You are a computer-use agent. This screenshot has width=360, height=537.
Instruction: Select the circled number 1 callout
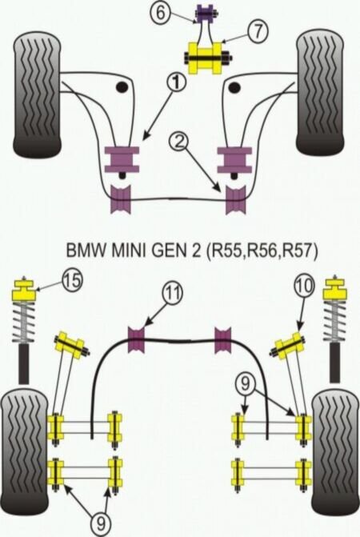point(176,82)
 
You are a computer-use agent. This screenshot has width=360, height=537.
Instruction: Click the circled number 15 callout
point(72,280)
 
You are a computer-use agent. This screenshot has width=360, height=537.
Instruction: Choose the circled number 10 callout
point(304,285)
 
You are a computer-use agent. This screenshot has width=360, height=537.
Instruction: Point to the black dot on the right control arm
point(234,87)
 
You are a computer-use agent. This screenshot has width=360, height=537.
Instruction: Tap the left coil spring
point(24,323)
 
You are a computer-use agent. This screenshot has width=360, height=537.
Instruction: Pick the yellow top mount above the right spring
point(336,288)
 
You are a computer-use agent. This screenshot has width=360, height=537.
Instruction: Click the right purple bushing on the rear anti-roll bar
point(222,340)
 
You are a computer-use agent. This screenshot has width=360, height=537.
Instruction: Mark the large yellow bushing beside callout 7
point(204,58)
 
